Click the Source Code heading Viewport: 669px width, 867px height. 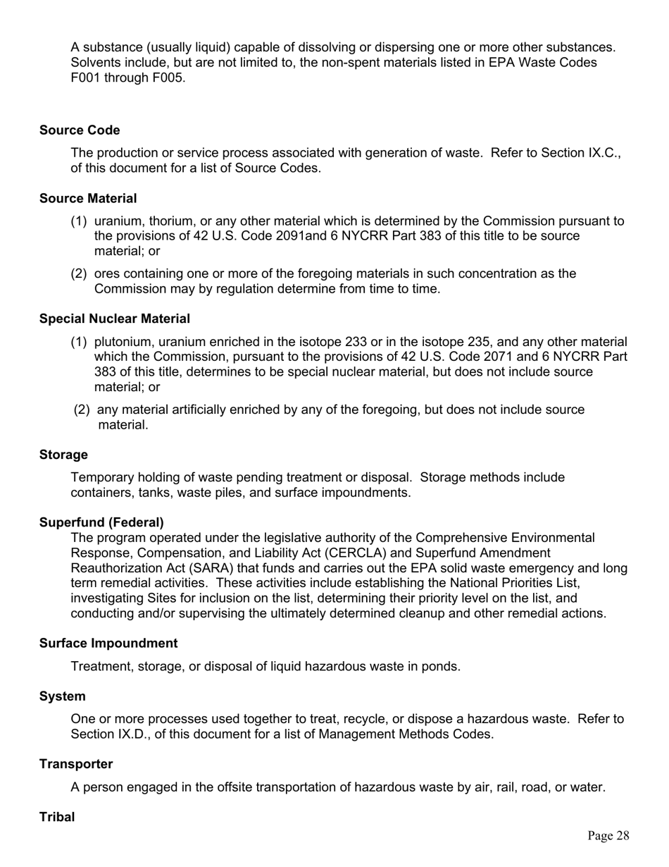pyautogui.click(x=80, y=130)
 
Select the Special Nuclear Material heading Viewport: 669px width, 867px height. pyautogui.click(x=115, y=319)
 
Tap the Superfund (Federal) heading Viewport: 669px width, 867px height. pyautogui.click(x=101, y=522)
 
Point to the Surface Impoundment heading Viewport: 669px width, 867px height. pyautogui.click(x=108, y=643)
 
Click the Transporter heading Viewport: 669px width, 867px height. pyautogui.click(x=76, y=764)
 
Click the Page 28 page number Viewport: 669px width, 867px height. pyautogui.click(x=608, y=836)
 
